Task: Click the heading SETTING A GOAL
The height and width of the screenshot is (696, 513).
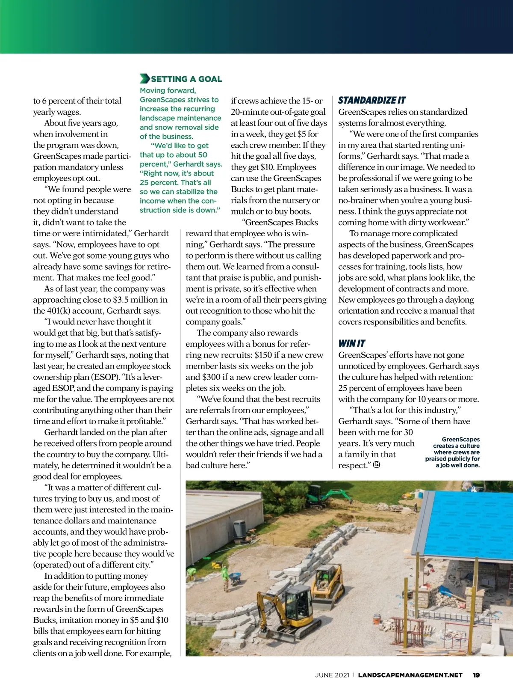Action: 186,79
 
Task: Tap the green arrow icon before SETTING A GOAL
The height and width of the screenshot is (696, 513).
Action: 144,78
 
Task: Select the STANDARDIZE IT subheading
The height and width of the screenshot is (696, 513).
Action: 372,100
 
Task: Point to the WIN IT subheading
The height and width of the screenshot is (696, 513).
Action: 352,343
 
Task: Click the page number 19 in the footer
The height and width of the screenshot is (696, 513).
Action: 476,675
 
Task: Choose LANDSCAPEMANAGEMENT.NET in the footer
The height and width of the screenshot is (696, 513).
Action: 410,675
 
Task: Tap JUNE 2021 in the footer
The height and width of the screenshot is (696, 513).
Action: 332,675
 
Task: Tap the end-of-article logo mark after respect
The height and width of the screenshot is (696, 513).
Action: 376,465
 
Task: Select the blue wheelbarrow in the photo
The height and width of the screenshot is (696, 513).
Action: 235,579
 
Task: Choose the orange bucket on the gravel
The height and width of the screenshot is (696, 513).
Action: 377,619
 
